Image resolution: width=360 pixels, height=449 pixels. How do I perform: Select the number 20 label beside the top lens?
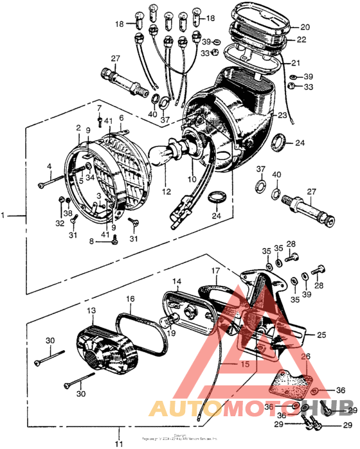click(305, 27)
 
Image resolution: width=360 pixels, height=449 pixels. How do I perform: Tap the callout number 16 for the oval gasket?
click(130, 299)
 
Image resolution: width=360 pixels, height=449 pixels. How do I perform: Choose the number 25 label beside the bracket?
click(322, 335)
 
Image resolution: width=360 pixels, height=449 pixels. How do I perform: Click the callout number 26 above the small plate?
click(305, 357)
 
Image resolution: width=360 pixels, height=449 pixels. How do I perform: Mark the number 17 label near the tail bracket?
click(216, 271)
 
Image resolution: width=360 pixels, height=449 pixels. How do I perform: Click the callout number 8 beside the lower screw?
click(92, 241)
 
